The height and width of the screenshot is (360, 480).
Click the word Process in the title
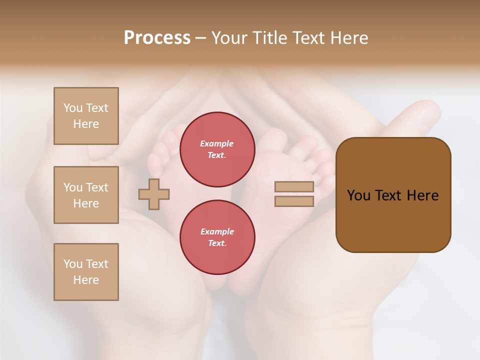click(x=157, y=38)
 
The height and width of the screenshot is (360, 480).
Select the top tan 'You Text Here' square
click(x=86, y=116)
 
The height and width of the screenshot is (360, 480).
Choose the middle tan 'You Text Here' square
click(x=86, y=195)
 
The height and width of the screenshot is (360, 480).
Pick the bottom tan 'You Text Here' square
click(x=86, y=272)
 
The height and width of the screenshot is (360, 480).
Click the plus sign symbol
click(x=154, y=194)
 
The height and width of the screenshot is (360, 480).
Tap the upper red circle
click(x=217, y=149)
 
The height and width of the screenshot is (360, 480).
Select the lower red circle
click(x=217, y=237)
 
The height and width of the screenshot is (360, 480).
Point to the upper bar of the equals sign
click(x=294, y=187)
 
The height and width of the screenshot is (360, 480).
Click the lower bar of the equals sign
click(x=294, y=201)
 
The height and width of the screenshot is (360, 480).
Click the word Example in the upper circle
click(x=216, y=143)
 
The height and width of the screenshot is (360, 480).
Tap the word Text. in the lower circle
click(x=217, y=243)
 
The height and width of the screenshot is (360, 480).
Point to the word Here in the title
click(x=349, y=38)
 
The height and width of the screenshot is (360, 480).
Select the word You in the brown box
click(x=358, y=195)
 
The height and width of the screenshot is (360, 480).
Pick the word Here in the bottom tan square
click(x=86, y=280)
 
